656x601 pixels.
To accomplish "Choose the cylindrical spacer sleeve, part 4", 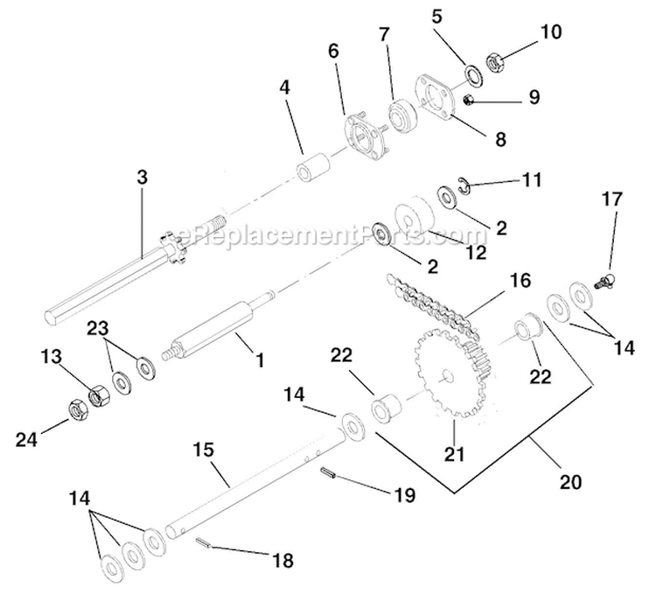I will pyautogui.click(x=312, y=166).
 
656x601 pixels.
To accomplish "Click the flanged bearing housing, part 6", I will pyautogui.click(x=359, y=137).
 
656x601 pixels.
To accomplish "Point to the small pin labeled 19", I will pyautogui.click(x=328, y=473).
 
